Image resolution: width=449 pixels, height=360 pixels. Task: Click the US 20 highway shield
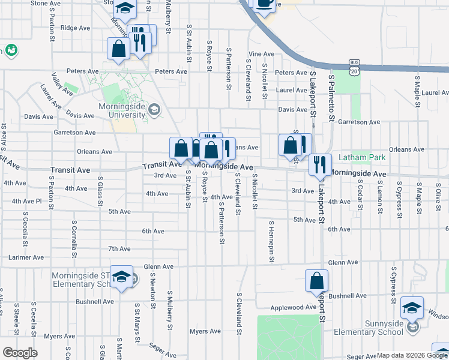tap(355, 71)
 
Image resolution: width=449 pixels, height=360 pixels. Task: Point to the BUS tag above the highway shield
tap(355, 63)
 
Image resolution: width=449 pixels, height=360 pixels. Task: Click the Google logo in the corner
tap(20, 353)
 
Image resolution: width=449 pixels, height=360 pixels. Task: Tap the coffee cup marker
tap(264, 3)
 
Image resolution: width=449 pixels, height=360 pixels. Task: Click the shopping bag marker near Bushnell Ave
tap(317, 280)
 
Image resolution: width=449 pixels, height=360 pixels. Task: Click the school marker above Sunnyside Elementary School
tap(412, 307)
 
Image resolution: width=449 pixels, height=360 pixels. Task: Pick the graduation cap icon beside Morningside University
tap(155, 109)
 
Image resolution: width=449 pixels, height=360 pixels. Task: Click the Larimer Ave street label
tap(26, 257)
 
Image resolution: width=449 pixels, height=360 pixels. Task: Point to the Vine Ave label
tap(261, 54)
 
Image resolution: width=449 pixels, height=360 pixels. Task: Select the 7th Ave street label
tap(119, 248)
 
